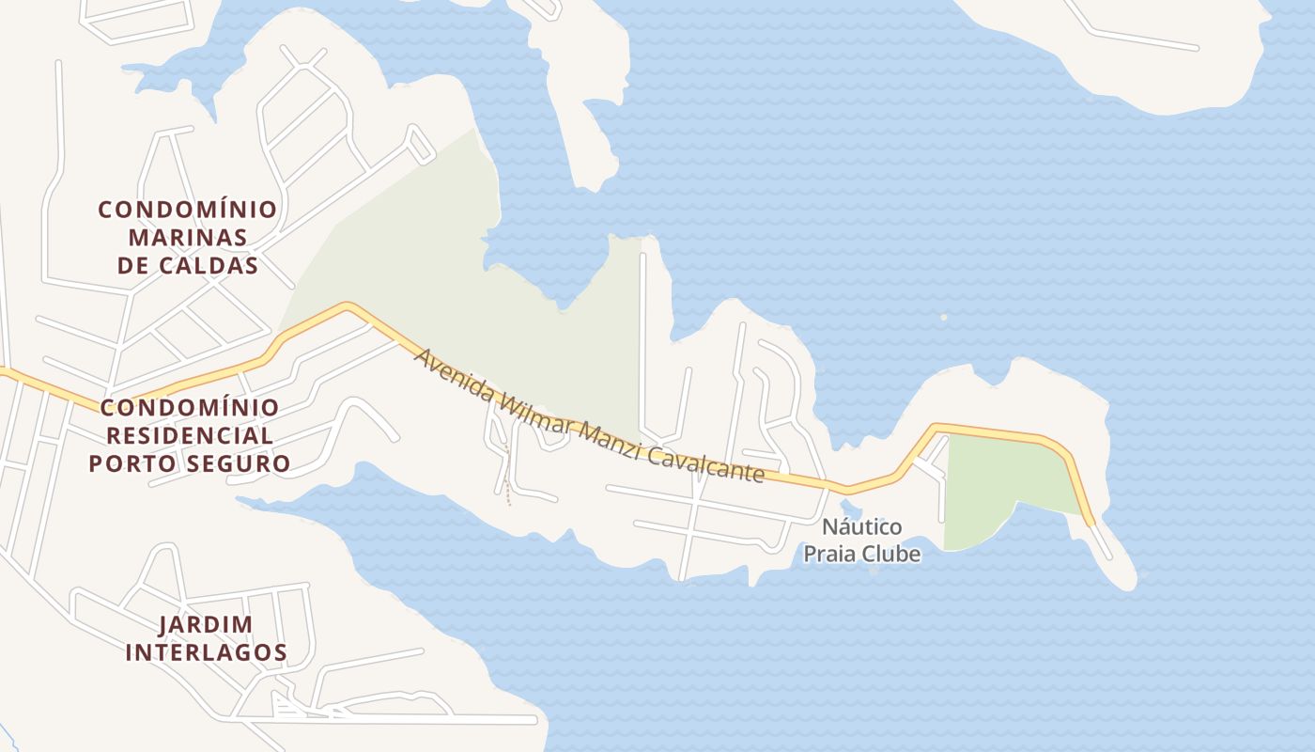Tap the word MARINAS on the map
(188, 237)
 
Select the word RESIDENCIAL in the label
(190, 436)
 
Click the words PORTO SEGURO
(190, 464)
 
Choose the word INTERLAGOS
(206, 652)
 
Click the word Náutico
(861, 526)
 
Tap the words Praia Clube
(861, 555)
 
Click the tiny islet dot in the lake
(944, 318)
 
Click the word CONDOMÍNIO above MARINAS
(188, 209)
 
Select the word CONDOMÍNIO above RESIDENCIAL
(190, 408)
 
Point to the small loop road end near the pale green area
(420, 144)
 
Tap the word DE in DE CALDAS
(133, 266)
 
